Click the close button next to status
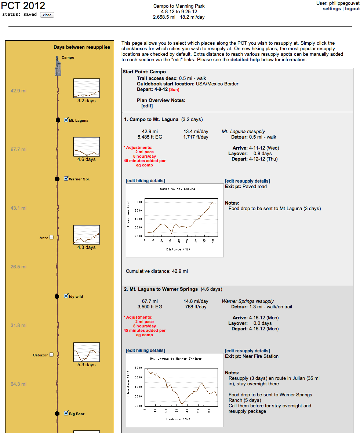47,15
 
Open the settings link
332,9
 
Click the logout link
352,9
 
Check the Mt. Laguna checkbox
66,120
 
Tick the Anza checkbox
51,237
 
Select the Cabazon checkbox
51,355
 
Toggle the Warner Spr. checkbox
66,179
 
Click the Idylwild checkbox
66,296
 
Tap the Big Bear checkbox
66,413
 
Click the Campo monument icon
58,66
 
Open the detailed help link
245,60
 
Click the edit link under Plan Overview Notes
147,106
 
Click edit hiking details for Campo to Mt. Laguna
145,181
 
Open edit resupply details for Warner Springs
247,351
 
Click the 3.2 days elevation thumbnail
86,88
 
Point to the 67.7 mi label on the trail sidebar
18,150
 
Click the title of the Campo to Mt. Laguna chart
178,189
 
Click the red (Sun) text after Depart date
174,89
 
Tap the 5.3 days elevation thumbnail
86,352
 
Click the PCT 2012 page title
23,6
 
